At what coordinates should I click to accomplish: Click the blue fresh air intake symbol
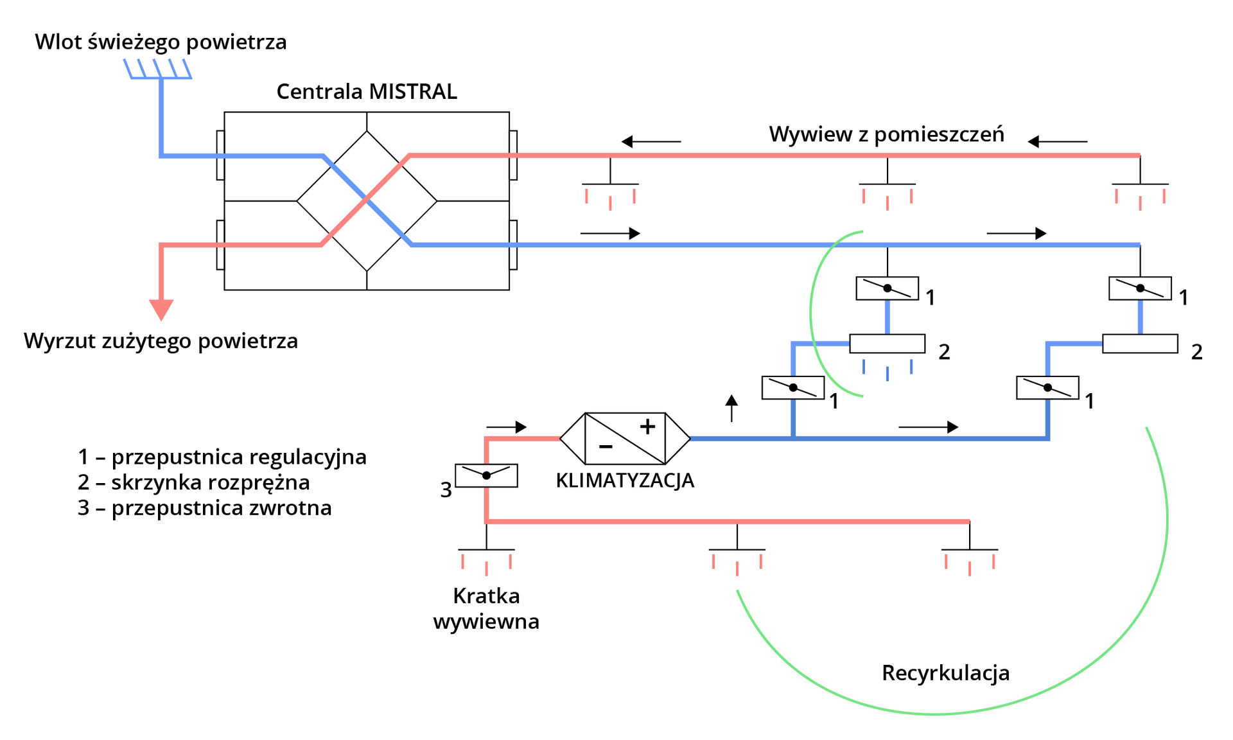pyautogui.click(x=158, y=69)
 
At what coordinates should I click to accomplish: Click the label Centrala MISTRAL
pyautogui.click(x=367, y=91)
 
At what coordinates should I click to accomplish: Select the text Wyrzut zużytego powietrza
pyautogui.click(x=161, y=340)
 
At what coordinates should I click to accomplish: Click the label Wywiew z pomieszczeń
pyautogui.click(x=886, y=134)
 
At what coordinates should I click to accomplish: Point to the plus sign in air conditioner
pyautogui.click(x=647, y=426)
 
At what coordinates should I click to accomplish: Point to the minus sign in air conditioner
pyautogui.click(x=605, y=446)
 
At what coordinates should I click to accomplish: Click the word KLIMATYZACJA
pyautogui.click(x=624, y=480)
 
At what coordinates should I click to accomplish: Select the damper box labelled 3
pyautogui.click(x=486, y=475)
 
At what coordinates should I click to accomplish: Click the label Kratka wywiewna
pyautogui.click(x=486, y=608)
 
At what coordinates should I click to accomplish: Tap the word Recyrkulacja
pyautogui.click(x=945, y=673)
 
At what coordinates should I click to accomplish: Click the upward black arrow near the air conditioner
pyautogui.click(x=731, y=407)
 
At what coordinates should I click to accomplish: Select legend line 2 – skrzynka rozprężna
pyautogui.click(x=193, y=482)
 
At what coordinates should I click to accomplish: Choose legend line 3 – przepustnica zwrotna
pyautogui.click(x=204, y=508)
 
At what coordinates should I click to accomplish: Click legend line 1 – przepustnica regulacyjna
pyautogui.click(x=222, y=457)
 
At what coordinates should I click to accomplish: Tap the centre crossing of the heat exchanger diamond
pyautogui.click(x=367, y=200)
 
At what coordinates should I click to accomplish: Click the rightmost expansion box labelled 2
pyautogui.click(x=1140, y=344)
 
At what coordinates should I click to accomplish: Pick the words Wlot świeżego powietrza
pyautogui.click(x=161, y=42)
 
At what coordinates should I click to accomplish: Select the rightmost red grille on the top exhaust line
pyautogui.click(x=1140, y=195)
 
